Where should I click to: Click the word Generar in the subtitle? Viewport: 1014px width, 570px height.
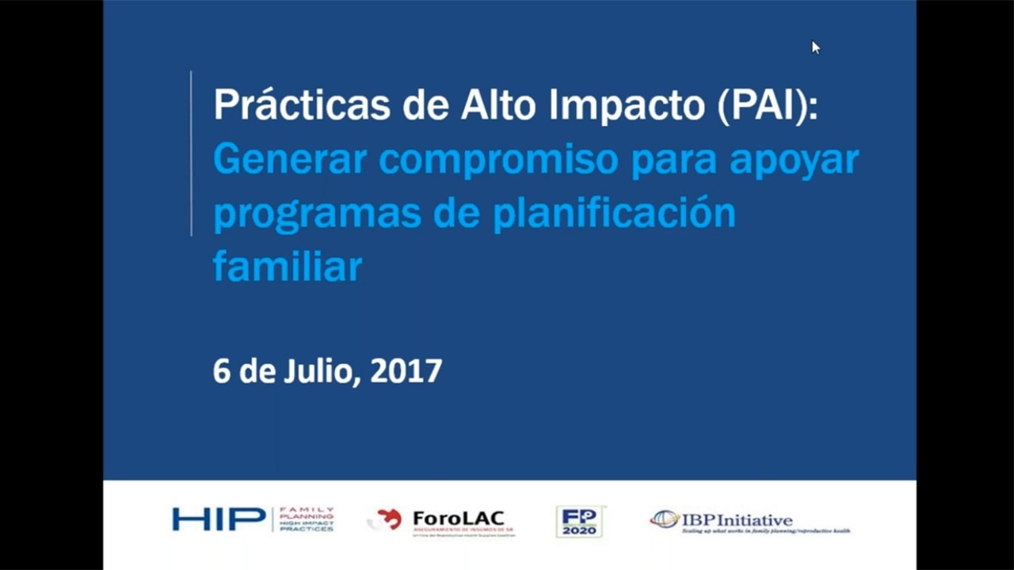[290, 160]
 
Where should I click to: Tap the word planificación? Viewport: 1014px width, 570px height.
[614, 215]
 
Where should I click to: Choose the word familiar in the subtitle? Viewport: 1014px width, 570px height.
[288, 267]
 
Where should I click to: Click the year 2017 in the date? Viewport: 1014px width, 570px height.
[406, 371]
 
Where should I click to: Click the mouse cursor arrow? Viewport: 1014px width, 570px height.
[815, 47]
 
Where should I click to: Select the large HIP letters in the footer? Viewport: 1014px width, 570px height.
[219, 519]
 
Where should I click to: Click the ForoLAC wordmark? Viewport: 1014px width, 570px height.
[458, 519]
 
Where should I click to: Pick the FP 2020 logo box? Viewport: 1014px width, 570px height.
[579, 521]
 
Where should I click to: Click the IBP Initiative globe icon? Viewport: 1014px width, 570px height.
[665, 519]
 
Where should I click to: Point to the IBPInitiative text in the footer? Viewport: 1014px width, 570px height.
[738, 520]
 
